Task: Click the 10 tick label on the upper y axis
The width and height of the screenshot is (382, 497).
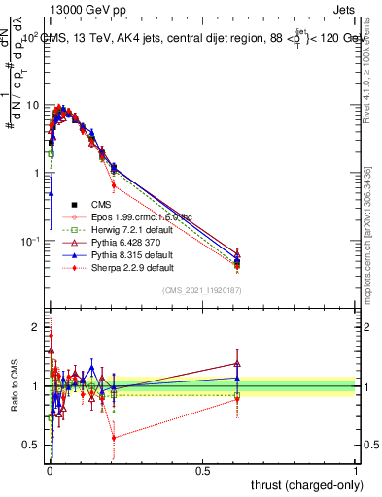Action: (x=32, y=105)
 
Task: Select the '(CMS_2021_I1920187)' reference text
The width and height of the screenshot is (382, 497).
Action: (x=202, y=291)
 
